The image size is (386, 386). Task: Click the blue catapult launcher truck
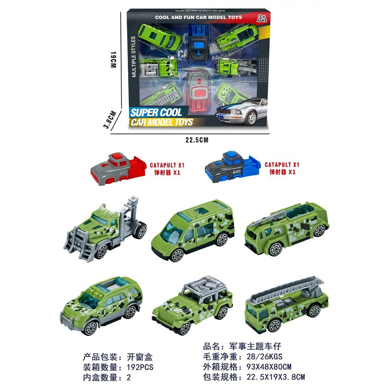pos(233,167)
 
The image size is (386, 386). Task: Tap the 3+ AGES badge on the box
pos(262,18)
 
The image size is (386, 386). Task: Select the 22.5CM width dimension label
pos(197,140)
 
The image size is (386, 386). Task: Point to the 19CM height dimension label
pos(113,60)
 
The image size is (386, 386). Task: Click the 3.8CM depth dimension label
pos(110,120)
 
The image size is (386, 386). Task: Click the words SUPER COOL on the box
pos(156,112)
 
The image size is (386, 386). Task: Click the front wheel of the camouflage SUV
pos(91,327)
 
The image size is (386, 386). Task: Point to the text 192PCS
pos(140,367)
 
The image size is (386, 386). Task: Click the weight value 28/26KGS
pos(265,356)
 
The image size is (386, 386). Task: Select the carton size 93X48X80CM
pos(269,367)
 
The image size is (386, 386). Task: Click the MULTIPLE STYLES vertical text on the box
pos(134,57)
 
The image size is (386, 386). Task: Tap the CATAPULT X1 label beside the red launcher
pos(167,165)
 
